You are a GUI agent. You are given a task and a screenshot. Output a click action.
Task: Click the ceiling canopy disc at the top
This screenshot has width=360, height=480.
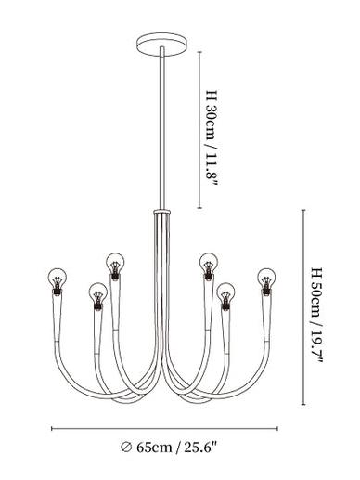tap(161, 45)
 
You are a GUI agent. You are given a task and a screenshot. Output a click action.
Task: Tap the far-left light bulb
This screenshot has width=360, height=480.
tap(58, 278)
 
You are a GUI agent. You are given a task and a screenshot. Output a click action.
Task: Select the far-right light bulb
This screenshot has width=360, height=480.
tap(266, 278)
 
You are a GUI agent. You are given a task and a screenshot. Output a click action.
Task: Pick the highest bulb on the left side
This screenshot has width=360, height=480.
tap(115, 263)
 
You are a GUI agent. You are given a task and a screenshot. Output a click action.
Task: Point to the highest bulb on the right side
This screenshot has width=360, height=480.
tap(209, 263)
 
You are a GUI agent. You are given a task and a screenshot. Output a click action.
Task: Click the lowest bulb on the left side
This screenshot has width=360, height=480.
tap(98, 292)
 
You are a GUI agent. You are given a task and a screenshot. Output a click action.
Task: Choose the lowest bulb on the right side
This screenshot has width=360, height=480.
tap(225, 292)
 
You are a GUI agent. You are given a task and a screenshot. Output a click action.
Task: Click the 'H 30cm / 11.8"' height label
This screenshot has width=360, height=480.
tap(212, 137)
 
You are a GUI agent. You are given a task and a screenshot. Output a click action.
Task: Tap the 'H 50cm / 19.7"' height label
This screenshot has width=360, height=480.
tap(316, 315)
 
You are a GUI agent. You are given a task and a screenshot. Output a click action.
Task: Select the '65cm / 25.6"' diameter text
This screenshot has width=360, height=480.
tap(176, 448)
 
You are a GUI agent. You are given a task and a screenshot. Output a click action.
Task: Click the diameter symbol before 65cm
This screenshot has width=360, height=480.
tap(126, 448)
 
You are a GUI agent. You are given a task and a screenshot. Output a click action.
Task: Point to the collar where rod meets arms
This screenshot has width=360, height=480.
tap(162, 212)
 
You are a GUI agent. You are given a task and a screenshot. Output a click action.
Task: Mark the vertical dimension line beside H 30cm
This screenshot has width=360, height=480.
tap(199, 130)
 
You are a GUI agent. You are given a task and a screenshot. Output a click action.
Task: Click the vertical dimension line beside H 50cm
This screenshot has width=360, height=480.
tap(303, 307)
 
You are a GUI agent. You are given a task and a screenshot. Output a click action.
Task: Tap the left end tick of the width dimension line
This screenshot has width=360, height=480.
tap(52, 428)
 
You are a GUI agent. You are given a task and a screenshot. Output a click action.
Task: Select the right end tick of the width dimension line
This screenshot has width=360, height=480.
tap(277, 428)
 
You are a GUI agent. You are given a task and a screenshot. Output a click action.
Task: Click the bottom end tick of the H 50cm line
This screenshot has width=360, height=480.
tap(303, 404)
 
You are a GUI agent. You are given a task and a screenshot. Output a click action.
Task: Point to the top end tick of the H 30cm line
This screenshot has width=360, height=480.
tap(199, 52)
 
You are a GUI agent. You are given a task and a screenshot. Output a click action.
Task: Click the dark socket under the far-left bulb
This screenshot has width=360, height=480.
tap(57, 292)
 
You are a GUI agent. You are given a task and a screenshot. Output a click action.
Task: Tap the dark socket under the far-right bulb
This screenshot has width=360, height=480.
tap(266, 292)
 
